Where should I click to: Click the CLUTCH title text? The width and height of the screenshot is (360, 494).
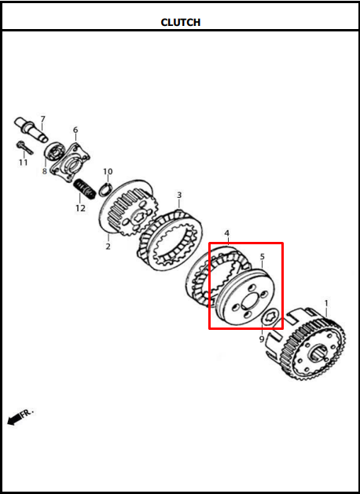(180, 22)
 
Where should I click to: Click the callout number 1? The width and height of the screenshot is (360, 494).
(326, 303)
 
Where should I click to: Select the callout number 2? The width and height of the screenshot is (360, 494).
(108, 247)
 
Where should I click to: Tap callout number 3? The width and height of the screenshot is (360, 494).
(179, 195)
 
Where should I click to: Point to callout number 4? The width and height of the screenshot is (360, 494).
(227, 233)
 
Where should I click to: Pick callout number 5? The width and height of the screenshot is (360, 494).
(263, 257)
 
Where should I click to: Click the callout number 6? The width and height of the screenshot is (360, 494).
(75, 130)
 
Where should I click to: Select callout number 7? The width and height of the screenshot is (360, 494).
(42, 119)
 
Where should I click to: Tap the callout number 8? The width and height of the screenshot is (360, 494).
(45, 171)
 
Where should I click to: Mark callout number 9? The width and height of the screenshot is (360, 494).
(262, 339)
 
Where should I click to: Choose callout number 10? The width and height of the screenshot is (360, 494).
(108, 172)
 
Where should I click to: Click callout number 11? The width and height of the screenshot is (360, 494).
(23, 163)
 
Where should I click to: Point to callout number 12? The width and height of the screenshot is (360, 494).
(80, 208)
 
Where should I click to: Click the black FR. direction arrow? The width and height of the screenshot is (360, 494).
(14, 420)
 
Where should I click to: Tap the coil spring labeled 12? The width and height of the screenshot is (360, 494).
(84, 189)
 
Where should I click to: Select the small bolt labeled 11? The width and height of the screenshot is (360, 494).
(24, 148)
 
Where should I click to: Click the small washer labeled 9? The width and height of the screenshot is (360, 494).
(271, 317)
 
